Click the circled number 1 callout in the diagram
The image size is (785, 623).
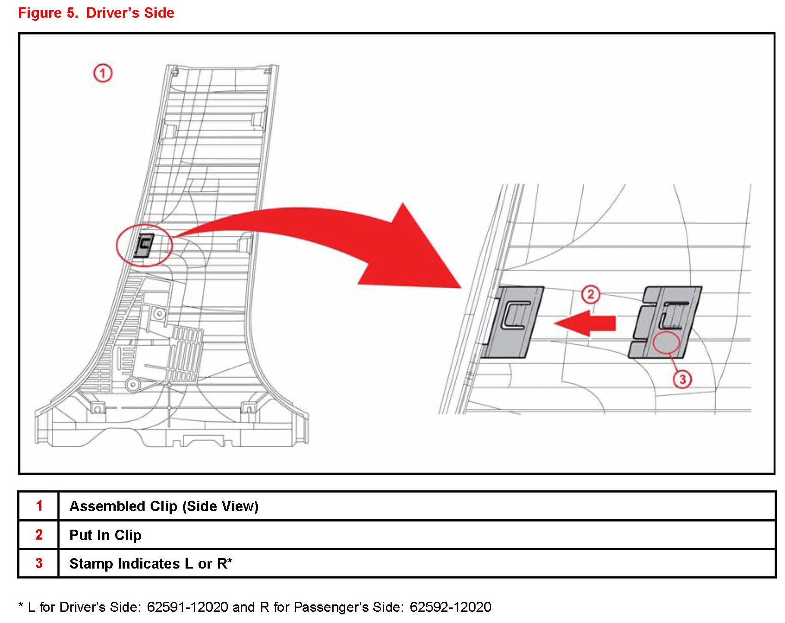coord(103,73)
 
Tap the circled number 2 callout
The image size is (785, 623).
coord(590,295)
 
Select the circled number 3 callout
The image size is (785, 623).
coord(682,379)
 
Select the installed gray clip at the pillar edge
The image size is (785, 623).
coord(514,322)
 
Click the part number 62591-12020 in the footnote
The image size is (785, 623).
coord(187,607)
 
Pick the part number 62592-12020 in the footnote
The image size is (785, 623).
coord(450,607)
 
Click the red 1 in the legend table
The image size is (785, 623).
coord(39,506)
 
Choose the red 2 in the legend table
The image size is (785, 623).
coord(39,535)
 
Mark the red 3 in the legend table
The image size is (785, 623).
coord(39,563)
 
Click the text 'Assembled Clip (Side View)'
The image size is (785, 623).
coord(164,506)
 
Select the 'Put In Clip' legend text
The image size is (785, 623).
coord(105,535)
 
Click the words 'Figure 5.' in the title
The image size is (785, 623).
coord(48,13)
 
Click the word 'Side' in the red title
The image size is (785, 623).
coord(159,13)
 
